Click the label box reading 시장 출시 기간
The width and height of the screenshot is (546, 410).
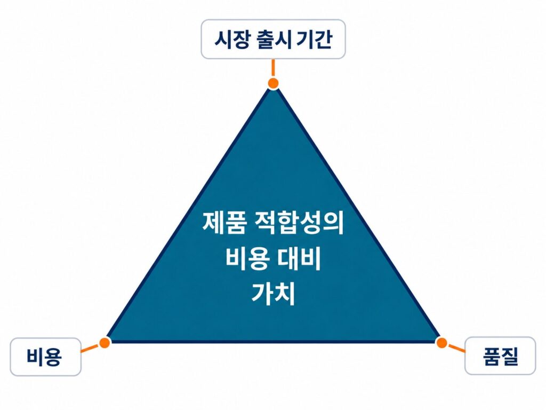[x=274, y=39]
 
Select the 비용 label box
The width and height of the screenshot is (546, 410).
[x=46, y=357]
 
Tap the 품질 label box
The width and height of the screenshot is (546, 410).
[x=500, y=356]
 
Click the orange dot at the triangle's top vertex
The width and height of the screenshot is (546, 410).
[x=274, y=83]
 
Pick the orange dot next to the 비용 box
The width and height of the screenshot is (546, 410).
[x=105, y=343]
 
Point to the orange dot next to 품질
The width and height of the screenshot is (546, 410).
[x=441, y=343]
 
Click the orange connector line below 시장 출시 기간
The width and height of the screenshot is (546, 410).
[x=274, y=68]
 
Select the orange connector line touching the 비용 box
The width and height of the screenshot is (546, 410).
[x=90, y=348]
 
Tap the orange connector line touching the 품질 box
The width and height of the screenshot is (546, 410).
[x=456, y=348]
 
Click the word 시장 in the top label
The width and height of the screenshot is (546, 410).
[x=231, y=40]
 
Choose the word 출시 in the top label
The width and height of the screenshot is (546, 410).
[x=274, y=40]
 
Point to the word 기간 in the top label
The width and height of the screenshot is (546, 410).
[x=314, y=40]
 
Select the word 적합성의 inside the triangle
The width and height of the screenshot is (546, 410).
[x=299, y=223]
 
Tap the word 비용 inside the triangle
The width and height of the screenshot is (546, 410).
[x=247, y=259]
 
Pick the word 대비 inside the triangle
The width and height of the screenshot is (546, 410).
[x=299, y=259]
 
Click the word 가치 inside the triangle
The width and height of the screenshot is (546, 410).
[x=274, y=294]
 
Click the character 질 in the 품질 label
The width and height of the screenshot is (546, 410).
[x=510, y=356]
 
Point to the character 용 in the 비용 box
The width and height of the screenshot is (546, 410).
[x=53, y=357]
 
